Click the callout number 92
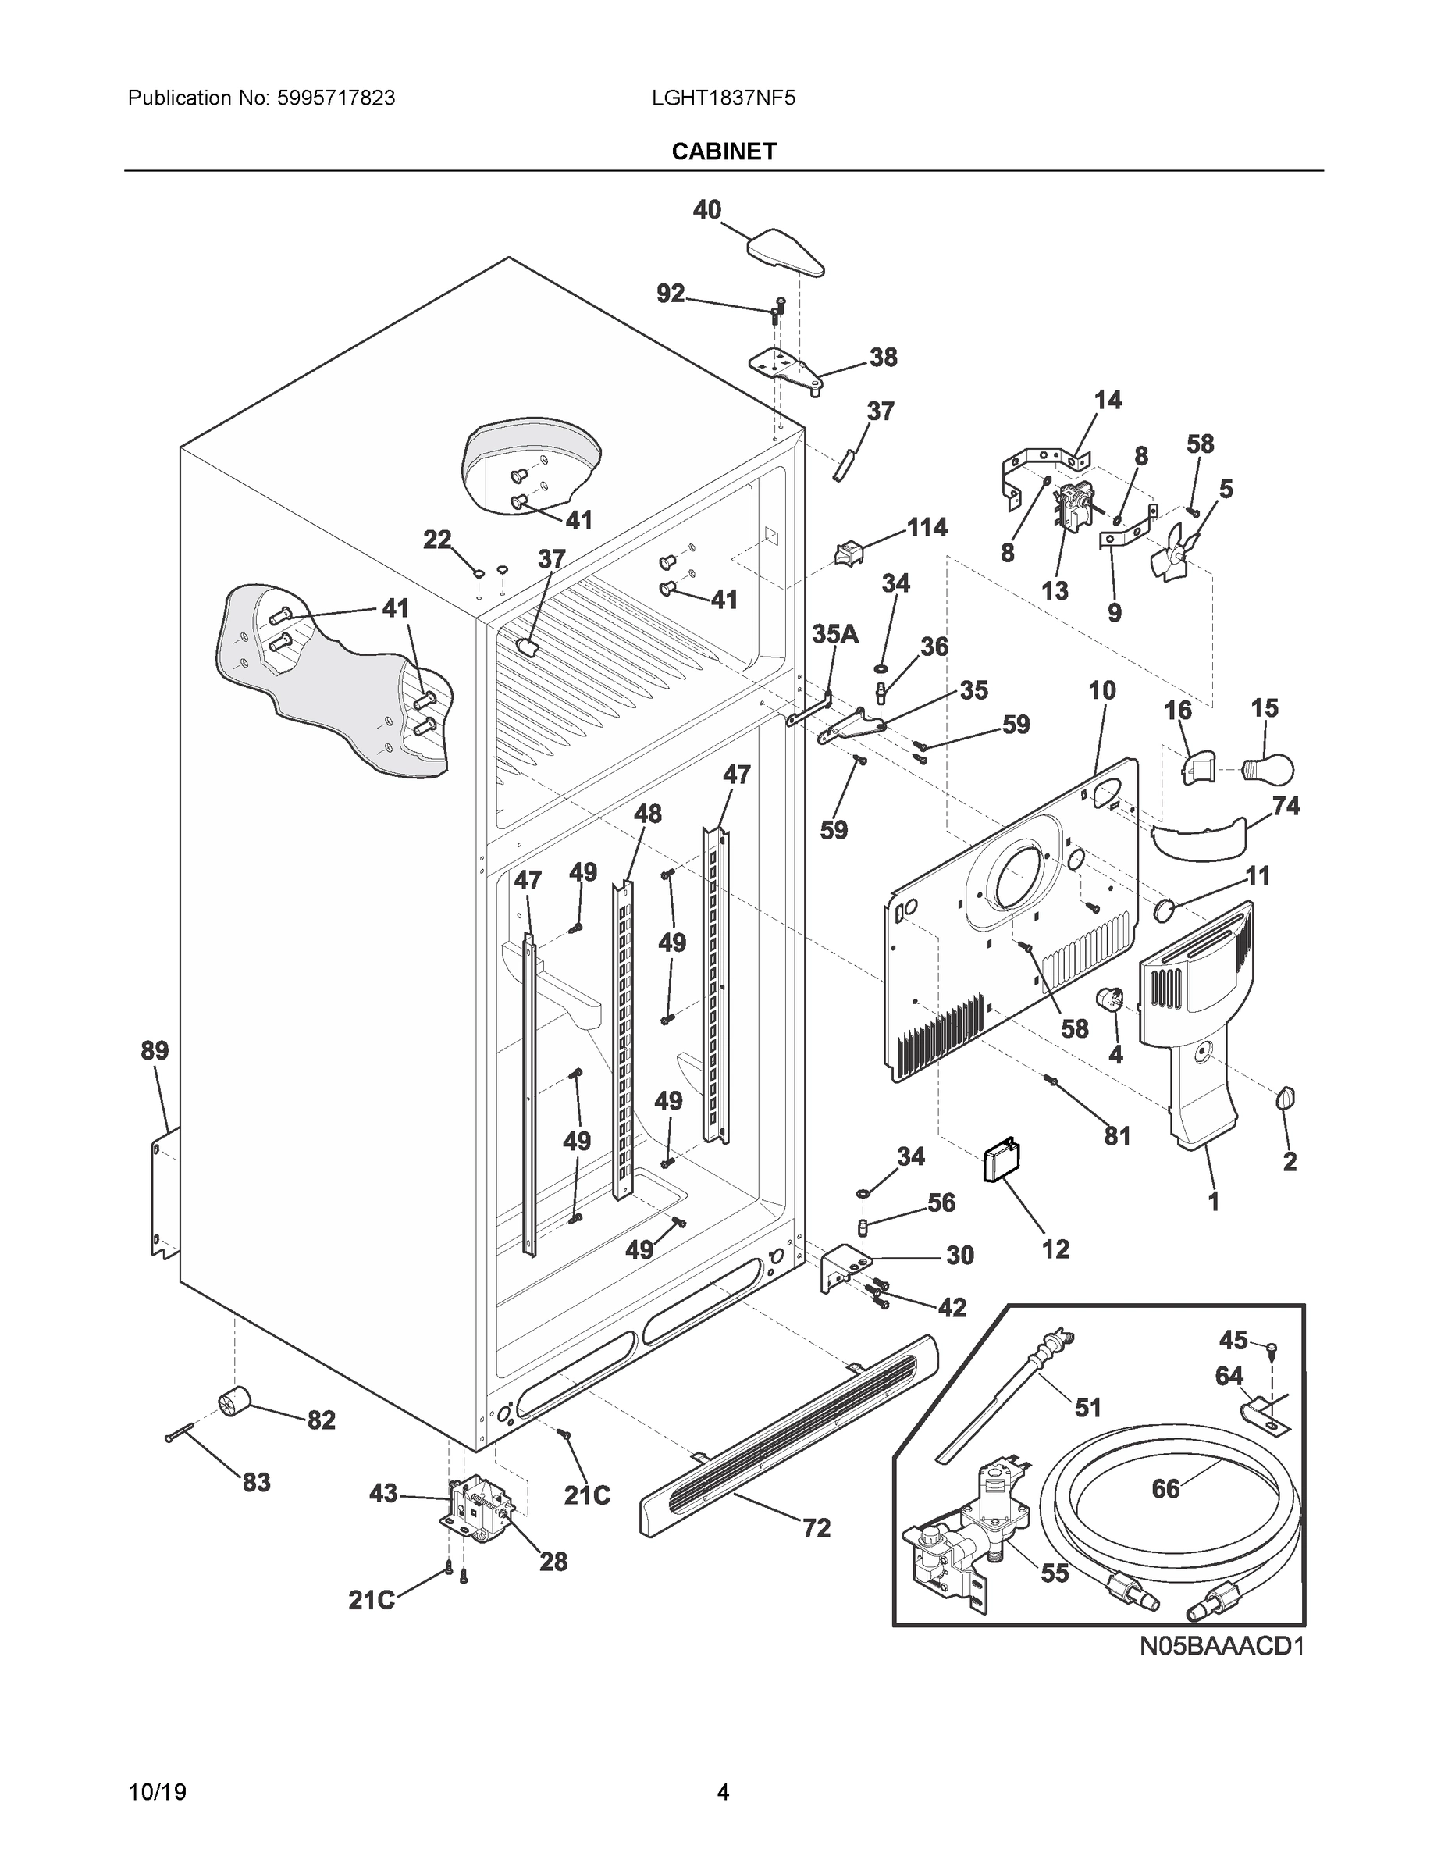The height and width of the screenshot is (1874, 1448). coord(671,294)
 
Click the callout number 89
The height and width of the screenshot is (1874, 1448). coord(155,1050)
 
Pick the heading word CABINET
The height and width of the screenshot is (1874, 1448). coord(723,152)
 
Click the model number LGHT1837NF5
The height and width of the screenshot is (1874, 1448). coord(723,98)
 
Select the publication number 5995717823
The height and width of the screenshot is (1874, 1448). coord(336,98)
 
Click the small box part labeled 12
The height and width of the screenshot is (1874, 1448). coord(999,1162)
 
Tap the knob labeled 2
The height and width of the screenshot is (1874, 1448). coord(1286,1097)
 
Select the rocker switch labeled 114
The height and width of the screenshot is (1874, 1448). coord(849,554)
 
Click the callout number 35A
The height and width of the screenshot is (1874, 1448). coord(834,634)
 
